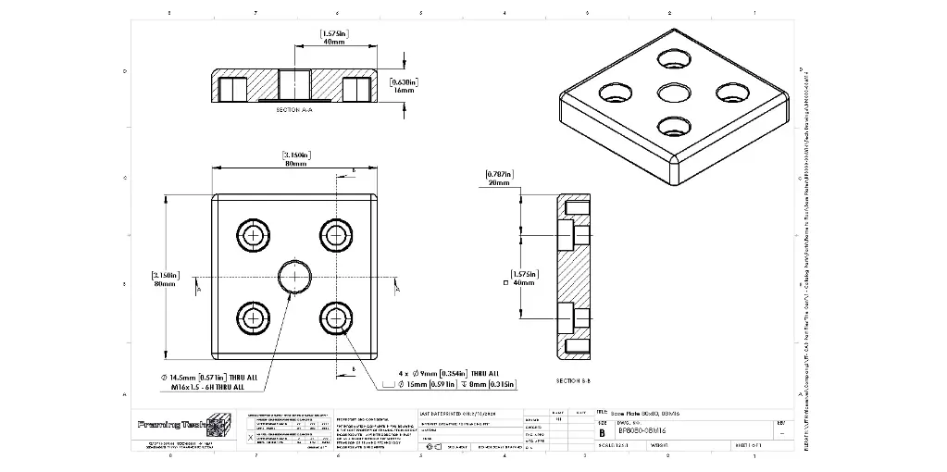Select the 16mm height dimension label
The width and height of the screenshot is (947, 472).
click(404, 91)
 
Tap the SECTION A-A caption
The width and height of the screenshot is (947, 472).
click(294, 110)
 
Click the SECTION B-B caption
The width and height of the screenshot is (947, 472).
click(573, 380)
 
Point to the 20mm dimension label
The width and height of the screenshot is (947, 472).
click(498, 183)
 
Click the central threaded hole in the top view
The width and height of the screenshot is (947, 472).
click(295, 276)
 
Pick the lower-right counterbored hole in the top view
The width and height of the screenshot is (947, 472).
click(337, 318)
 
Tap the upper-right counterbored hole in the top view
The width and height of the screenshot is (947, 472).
click(337, 234)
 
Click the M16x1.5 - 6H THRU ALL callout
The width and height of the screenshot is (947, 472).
click(208, 388)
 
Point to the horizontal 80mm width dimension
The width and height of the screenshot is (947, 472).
click(295, 164)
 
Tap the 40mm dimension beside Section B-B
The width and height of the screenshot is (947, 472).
click(524, 282)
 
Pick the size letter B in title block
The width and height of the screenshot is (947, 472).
click(602, 432)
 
